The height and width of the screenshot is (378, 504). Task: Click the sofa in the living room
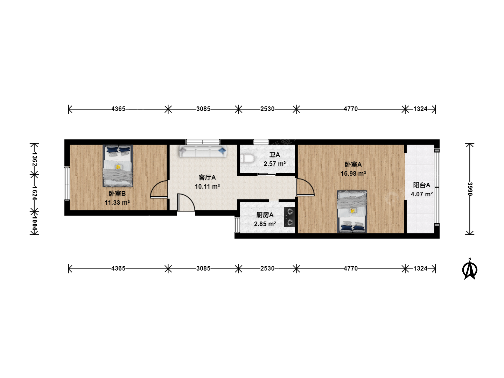[x=203, y=152]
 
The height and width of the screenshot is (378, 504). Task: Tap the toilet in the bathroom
[x=247, y=158]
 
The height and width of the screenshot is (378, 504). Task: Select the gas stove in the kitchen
[x=289, y=217]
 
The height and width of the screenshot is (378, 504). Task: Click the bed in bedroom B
[x=118, y=166]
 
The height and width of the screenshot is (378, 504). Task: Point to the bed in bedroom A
[x=352, y=212]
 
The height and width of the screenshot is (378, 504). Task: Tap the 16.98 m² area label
[x=353, y=174]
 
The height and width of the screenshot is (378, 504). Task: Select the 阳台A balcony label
[x=421, y=185]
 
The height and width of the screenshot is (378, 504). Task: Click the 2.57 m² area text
[x=275, y=164]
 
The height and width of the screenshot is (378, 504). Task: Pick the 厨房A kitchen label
[x=265, y=215]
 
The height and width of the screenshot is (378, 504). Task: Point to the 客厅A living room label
[x=207, y=177]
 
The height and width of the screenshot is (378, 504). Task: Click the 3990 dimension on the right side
[x=470, y=189]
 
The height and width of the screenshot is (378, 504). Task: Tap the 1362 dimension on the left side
[x=34, y=159]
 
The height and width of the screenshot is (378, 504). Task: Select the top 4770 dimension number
[x=351, y=109]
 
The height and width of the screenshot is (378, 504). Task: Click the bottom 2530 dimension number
[x=267, y=268]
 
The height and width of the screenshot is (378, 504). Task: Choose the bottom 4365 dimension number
[x=118, y=268]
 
